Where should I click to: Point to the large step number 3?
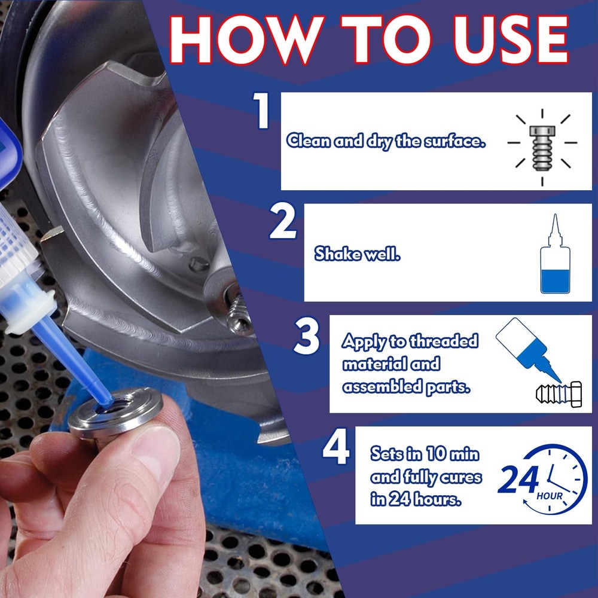click(307, 337)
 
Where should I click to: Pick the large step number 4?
click(335, 449)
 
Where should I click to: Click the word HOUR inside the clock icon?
click(549, 496)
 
